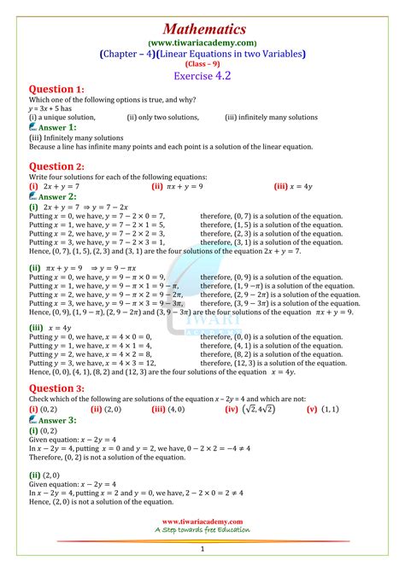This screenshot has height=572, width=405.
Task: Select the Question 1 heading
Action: click(56, 89)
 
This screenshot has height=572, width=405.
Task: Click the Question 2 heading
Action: click(56, 166)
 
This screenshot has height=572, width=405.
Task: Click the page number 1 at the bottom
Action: click(202, 551)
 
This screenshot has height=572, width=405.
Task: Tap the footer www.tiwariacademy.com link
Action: click(202, 521)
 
